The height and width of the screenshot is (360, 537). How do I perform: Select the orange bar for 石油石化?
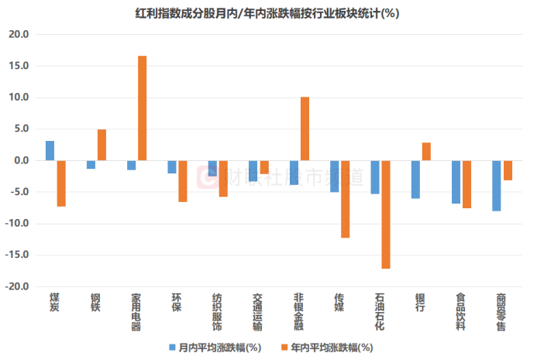click(386, 214)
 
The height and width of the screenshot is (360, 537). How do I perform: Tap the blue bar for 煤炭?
click(50, 151)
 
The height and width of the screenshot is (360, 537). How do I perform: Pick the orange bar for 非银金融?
click(305, 129)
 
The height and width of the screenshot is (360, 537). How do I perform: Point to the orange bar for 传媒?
click(346, 199)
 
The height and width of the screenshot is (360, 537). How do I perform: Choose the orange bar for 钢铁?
click(102, 145)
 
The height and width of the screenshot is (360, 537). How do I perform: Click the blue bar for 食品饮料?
click(456, 182)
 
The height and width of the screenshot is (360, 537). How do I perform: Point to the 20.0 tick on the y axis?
click(18, 35)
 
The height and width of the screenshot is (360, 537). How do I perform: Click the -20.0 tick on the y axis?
click(16, 286)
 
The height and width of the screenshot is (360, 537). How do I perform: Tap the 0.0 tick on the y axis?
click(20, 161)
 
